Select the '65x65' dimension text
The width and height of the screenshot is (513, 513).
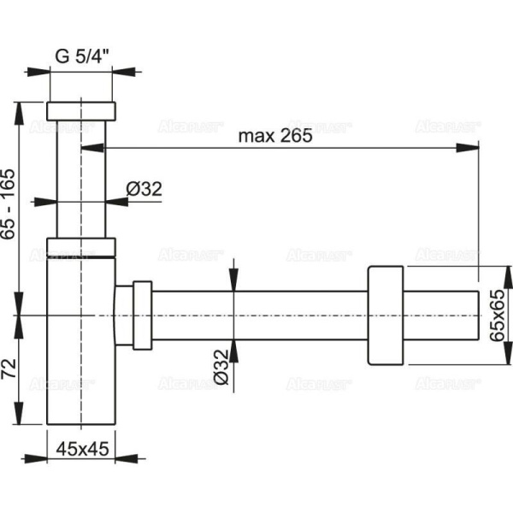498,317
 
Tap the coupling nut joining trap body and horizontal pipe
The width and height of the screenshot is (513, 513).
133,314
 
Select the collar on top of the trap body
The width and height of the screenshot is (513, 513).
80,248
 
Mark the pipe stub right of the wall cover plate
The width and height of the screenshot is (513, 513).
440,315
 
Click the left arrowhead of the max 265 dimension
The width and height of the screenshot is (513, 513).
89,147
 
